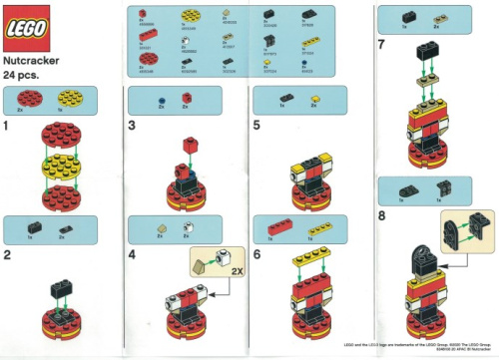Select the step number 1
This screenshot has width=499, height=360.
click(x=8, y=127)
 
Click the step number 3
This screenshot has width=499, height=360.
click(x=133, y=127)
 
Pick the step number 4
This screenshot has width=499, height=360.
click(x=133, y=255)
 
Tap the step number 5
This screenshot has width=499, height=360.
click(x=255, y=127)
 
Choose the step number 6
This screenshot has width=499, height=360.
click(x=255, y=255)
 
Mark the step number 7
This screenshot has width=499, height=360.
click(x=380, y=46)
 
